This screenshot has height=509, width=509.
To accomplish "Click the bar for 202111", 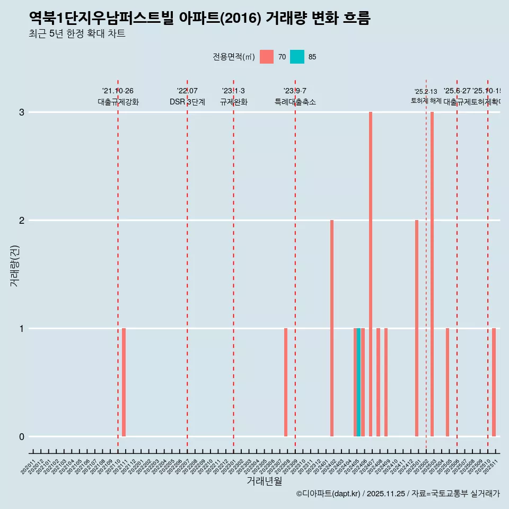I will tap(124, 382).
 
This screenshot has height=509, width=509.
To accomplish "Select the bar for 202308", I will tap(286, 382).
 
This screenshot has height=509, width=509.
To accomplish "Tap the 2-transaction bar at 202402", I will tap(332, 328).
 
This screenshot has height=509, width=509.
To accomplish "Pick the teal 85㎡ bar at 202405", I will tap(359, 382).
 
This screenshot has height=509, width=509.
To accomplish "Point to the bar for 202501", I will tap(417, 328).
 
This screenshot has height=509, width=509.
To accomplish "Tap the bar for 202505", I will tap(447, 382).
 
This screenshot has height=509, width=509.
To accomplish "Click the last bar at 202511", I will tap(494, 382).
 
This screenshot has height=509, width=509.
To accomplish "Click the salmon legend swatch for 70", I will tap(267, 57).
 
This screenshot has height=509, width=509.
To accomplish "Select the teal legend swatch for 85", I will tap(297, 57).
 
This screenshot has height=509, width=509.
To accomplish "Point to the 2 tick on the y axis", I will tap(22, 220).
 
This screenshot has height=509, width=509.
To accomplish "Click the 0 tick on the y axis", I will tap(22, 436).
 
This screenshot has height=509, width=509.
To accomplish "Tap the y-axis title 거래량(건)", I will tap(14, 265).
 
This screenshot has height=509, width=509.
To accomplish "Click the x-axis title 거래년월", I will tap(264, 481).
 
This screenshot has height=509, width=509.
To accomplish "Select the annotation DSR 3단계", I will tap(187, 102).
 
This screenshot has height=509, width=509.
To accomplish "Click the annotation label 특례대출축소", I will tap(295, 102).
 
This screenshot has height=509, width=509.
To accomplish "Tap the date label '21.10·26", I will tap(118, 91).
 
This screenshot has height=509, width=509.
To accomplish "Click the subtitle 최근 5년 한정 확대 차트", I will tap(77, 34).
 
